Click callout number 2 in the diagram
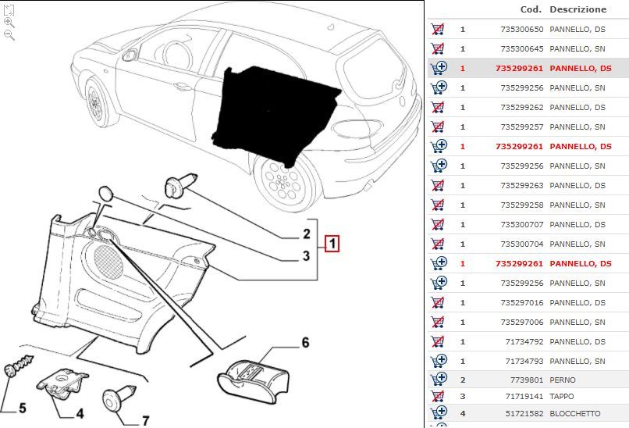pos(307,234)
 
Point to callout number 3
pos(307,255)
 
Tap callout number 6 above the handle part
pos(305,342)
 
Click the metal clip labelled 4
pos(63,382)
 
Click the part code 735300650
pos(519,29)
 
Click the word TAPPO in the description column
pos(562,396)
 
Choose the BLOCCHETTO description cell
pos(575,412)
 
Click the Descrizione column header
pos(577,9)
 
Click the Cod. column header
pos(531,9)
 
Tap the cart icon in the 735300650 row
pos(438,29)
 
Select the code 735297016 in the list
pos(519,302)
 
